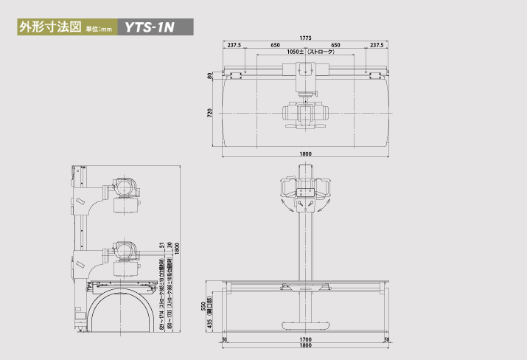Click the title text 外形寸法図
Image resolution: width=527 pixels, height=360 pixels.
(46, 28)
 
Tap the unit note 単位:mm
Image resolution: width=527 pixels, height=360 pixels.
(97, 30)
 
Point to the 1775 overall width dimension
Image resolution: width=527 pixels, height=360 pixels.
(305, 37)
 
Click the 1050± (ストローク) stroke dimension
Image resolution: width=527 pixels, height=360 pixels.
(310, 52)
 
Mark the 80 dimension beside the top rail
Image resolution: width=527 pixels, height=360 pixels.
(210, 75)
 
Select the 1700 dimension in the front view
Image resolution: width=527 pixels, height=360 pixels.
(305, 339)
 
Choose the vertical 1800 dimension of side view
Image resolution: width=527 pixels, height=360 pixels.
(177, 246)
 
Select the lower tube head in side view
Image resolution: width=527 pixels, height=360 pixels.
(123, 252)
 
